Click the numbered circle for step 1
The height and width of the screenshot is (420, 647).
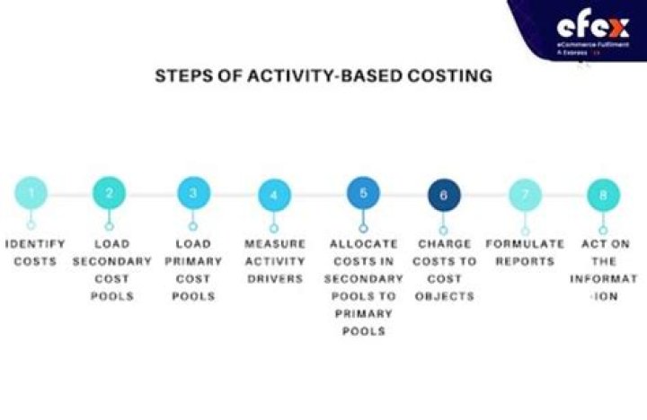point(31,191)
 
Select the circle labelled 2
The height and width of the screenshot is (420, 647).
point(109,193)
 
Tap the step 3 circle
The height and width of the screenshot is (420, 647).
point(192,193)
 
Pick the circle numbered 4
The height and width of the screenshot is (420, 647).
point(275,194)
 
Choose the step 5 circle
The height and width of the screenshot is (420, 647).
point(363,193)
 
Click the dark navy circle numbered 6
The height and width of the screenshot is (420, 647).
point(444,194)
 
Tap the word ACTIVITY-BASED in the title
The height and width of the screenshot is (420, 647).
point(308,75)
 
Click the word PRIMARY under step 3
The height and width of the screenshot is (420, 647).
point(193,261)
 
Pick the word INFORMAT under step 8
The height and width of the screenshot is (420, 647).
point(603,278)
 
